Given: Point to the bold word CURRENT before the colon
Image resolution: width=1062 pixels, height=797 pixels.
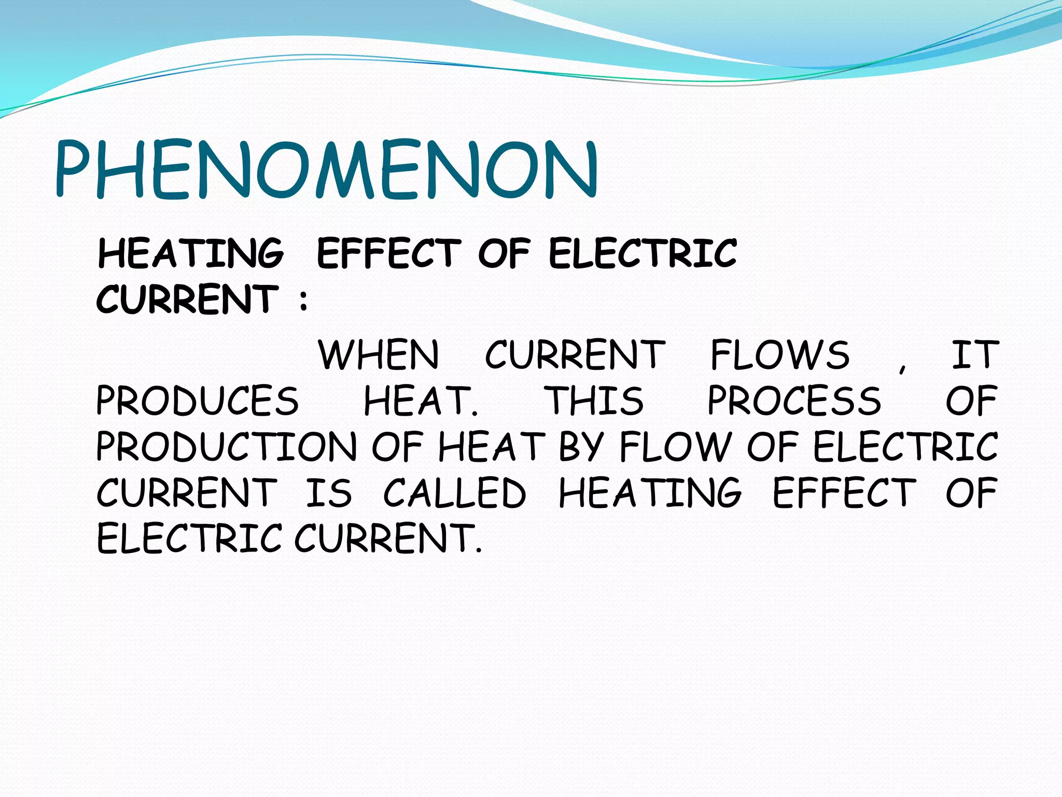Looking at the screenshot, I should tap(187, 299).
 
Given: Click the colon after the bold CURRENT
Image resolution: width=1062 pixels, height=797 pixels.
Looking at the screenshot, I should tap(304, 300).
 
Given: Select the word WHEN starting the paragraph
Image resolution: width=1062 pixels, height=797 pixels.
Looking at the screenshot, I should tap(379, 355).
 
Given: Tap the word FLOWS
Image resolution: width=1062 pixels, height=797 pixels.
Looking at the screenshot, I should tap(780, 355).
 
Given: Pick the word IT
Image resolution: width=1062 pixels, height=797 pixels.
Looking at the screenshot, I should tap(974, 355).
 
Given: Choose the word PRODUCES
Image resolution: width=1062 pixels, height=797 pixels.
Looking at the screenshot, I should tap(198, 401).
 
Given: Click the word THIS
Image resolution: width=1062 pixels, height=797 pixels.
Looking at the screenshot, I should tap(596, 401).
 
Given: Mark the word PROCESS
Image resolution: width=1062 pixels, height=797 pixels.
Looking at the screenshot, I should tap(794, 401).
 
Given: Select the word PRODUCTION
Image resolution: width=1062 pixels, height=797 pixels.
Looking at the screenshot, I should tap(227, 447).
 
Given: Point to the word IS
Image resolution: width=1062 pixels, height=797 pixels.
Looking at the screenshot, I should tap(329, 493).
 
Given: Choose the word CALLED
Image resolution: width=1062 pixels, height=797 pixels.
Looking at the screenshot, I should tap(455, 493).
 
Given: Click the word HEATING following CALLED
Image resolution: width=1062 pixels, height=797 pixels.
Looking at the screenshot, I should tap(650, 493).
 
